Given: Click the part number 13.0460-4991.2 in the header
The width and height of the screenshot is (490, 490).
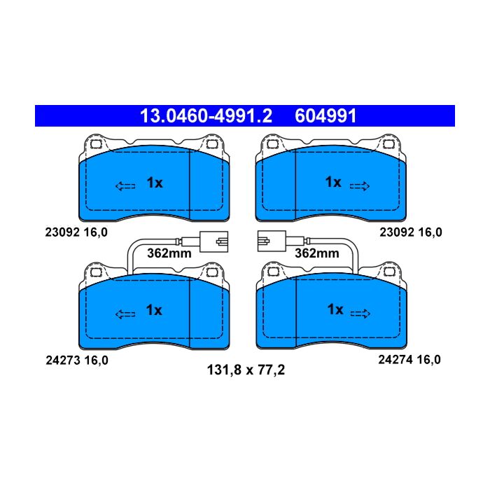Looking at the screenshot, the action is point(206,116).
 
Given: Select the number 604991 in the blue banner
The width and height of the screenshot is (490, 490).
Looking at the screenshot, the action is point(325,116).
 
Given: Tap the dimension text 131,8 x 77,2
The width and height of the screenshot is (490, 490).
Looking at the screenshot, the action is point(246,370).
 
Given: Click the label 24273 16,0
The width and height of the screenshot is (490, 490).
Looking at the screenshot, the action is point(77,360).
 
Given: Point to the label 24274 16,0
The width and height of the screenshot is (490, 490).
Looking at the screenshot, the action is point(409,360).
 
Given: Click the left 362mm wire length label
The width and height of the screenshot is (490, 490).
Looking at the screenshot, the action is point(169,253).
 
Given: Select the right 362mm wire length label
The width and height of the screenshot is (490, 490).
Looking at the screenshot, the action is point(317,253).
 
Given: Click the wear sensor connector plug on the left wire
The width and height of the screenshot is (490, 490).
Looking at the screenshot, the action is point(213,241).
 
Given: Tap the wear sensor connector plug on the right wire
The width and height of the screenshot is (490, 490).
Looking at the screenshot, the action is point(272,241).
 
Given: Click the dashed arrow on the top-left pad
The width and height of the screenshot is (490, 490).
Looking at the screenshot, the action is point(125,186).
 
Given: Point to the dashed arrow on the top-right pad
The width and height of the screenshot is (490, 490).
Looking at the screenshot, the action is point(360,186).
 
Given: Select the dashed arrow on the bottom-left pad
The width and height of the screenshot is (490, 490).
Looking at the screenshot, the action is point(125,314).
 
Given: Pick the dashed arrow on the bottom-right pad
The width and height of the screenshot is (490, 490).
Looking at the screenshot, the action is point(360,314).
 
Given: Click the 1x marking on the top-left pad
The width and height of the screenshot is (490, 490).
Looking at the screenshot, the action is point(155,183).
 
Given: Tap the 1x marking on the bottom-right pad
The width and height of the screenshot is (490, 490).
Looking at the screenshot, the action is point(335,309).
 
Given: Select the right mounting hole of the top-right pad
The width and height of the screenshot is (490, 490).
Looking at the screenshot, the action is point(389,144).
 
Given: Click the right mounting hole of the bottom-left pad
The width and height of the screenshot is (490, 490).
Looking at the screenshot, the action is point(211,272).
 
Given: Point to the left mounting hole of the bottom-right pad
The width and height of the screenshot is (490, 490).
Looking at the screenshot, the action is point(273,272).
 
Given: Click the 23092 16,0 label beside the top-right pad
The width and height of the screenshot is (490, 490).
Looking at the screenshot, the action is point(411,232).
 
